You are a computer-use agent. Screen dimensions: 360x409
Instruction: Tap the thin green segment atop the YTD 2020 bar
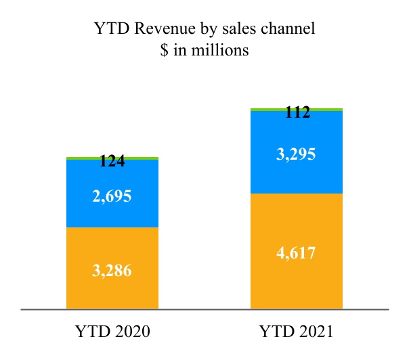[x=112, y=158]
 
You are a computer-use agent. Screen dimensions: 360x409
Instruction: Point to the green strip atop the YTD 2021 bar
[x=297, y=109]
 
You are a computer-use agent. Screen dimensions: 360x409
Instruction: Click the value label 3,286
[x=112, y=271]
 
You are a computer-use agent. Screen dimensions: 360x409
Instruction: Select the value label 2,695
[x=112, y=197]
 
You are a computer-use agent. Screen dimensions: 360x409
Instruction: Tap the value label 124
[x=112, y=162]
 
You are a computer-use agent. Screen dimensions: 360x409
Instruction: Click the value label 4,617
[x=297, y=254]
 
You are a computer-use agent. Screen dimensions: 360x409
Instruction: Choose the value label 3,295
[x=297, y=154]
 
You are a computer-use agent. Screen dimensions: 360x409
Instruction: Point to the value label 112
[x=297, y=114]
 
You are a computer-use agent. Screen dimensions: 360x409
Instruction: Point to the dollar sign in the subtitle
[x=163, y=51]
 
